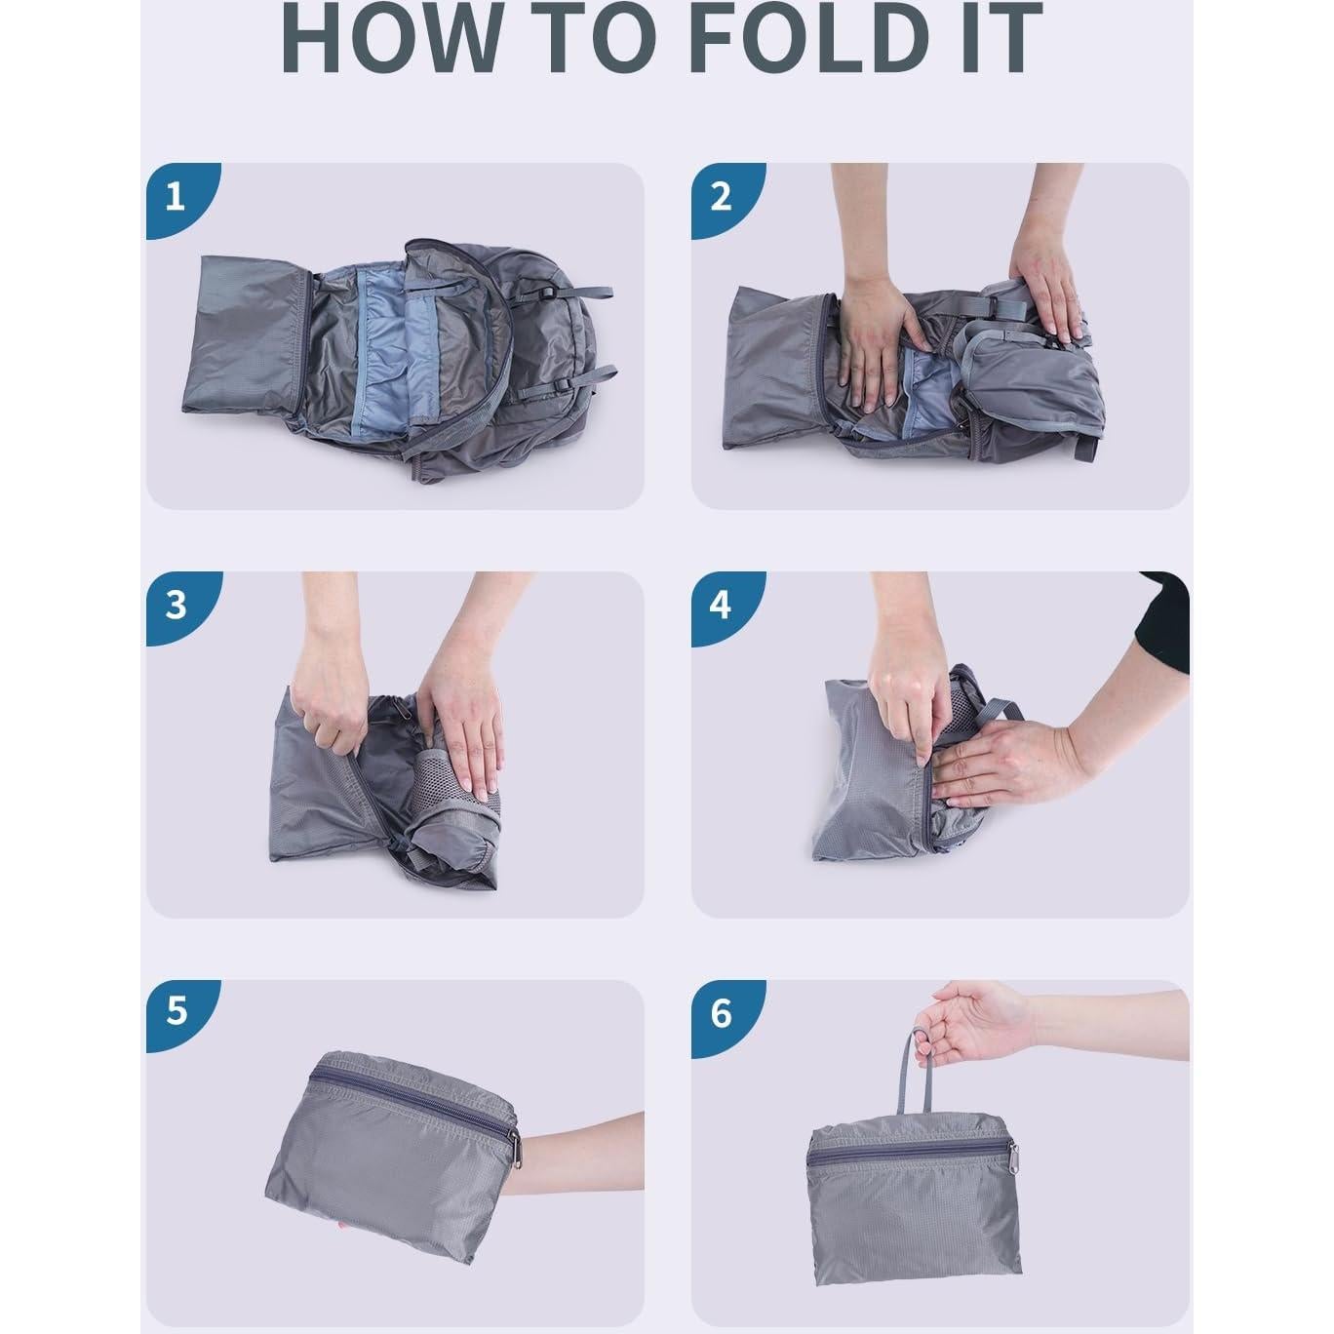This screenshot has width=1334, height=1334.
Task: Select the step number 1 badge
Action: [x=181, y=200]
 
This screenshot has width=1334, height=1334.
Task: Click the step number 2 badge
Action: [x=726, y=200]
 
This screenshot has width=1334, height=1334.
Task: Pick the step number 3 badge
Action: [x=181, y=608]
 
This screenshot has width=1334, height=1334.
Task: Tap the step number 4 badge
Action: [x=726, y=608]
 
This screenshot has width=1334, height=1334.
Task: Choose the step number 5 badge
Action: [x=181, y=1015]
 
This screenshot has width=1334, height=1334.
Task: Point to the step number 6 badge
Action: [x=726, y=1015]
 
